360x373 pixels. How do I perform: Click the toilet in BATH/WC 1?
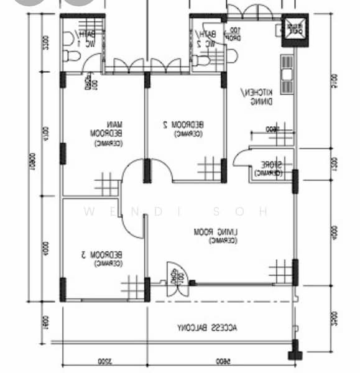71,57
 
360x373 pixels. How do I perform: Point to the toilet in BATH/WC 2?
200,60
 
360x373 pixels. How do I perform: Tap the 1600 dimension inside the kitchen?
272,130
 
